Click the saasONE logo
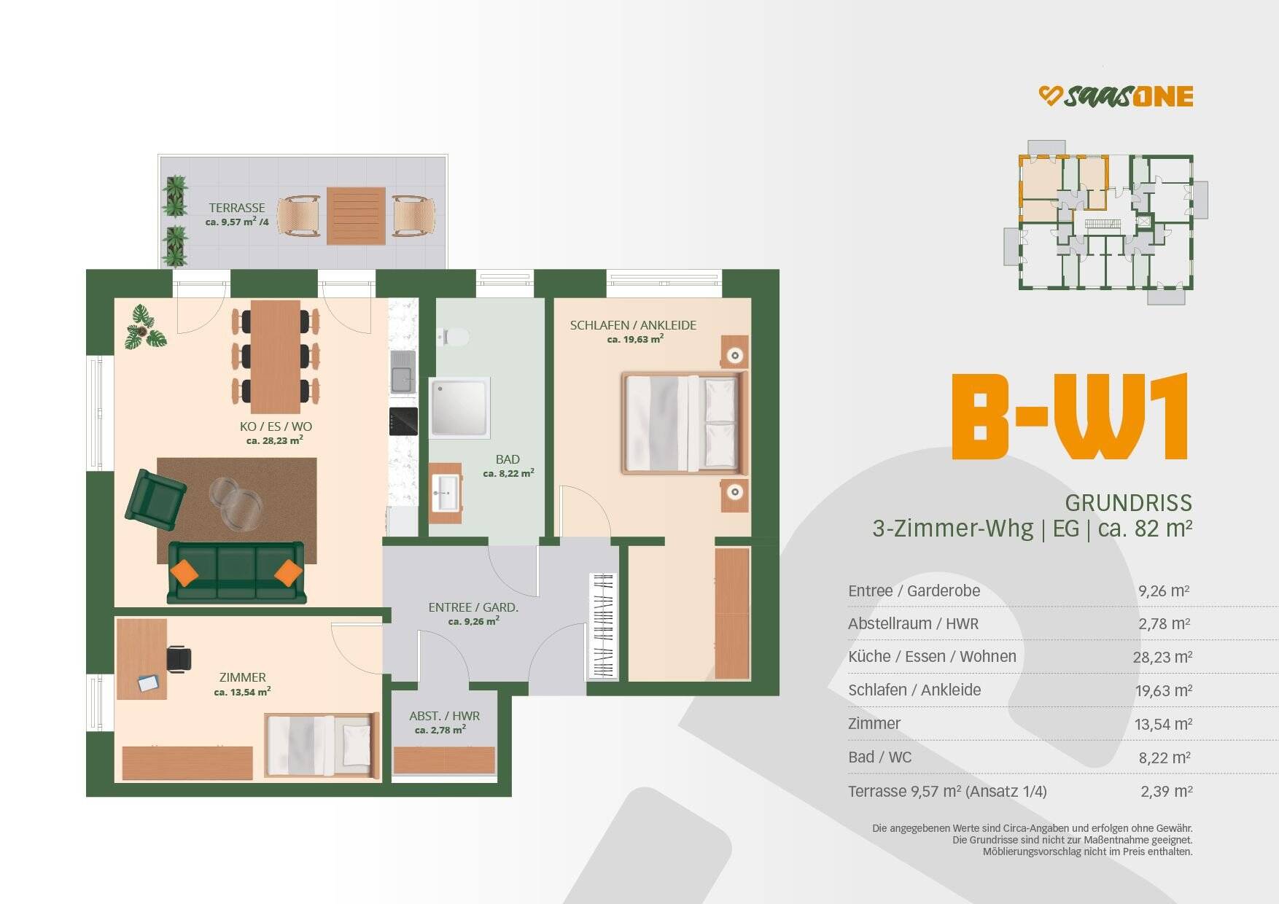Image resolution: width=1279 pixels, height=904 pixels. pos(1116,96)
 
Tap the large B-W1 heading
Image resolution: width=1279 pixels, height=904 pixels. pos(1070,417)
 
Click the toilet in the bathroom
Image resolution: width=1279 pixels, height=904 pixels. pos(455,337)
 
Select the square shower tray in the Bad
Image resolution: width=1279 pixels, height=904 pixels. pos(459,407)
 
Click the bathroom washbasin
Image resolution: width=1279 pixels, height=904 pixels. pos(446,492)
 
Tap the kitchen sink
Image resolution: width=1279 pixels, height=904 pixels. pos(403,372)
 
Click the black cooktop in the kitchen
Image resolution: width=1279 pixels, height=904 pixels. pos(403,421)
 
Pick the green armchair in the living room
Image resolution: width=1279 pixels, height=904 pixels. pos(155,499)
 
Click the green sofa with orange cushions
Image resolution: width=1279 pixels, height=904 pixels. pos(236,572)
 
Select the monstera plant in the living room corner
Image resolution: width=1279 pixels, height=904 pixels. pos(144,328)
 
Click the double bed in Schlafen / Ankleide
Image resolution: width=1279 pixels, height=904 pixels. pos(684,423)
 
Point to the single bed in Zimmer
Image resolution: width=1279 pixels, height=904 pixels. pos(321,745)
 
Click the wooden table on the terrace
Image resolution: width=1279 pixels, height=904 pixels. pos(356,216)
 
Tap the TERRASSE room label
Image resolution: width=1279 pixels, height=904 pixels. pos(237,208)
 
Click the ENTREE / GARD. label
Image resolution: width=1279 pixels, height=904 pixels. pos(473,607)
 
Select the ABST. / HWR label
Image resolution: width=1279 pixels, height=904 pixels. pos(444,716)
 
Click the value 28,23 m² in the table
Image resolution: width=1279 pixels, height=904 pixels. pos(1162,657)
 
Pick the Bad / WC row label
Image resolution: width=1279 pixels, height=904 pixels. pos(879,757)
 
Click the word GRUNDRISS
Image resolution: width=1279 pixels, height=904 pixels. pos(1128,502)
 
